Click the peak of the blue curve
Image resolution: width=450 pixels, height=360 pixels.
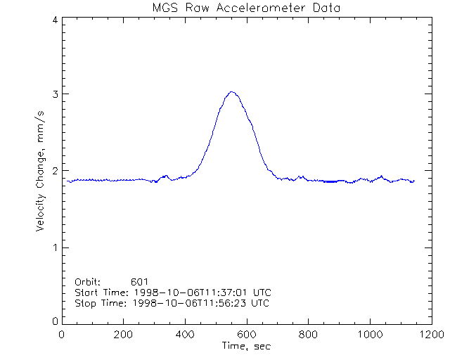point(231,91)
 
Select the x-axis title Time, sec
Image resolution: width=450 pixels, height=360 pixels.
point(246,346)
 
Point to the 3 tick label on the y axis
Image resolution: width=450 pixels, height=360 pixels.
point(53,94)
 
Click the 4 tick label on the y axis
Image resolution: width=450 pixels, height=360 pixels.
point(53,20)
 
